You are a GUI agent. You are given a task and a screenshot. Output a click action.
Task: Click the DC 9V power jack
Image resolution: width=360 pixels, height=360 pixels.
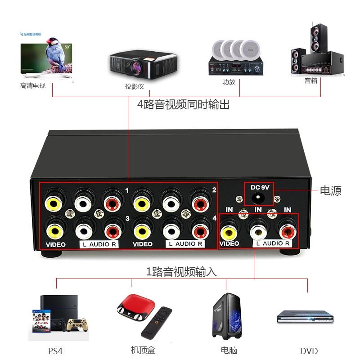[258, 198]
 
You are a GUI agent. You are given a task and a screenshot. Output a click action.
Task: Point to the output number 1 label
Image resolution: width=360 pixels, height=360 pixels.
[127, 191]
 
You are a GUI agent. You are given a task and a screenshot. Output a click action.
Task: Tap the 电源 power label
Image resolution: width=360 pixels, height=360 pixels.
[330, 191]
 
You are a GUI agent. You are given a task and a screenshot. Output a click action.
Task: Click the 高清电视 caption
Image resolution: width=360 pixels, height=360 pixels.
[33, 85]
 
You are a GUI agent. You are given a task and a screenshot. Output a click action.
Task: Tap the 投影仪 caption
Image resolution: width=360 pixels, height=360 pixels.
[134, 86]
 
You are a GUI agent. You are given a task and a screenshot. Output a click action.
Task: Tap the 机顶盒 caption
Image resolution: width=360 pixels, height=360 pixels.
[143, 350]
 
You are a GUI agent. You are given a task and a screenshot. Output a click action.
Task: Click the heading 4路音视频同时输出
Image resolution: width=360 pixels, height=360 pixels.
[184, 105]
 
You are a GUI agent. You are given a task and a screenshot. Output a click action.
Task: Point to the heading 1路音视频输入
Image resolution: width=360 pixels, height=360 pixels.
[181, 272]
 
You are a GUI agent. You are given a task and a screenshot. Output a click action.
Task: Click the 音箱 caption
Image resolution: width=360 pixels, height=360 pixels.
[311, 81]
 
